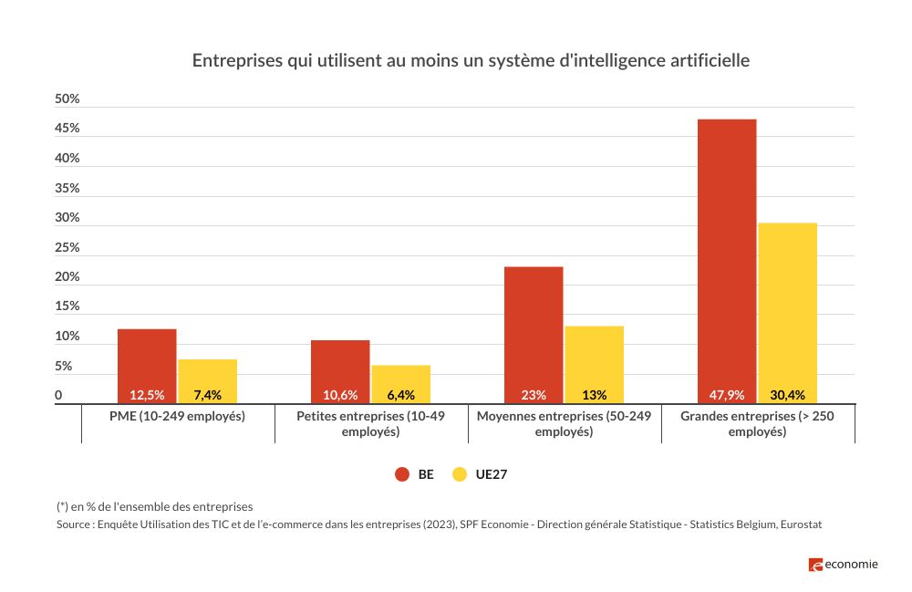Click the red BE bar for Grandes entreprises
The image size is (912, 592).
coord(727,255)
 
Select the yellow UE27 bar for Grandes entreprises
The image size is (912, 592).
coord(787,310)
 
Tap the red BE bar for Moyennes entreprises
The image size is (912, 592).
coord(534,328)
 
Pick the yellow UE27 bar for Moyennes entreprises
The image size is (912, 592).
coord(594,360)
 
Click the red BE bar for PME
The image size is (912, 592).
coord(147,360)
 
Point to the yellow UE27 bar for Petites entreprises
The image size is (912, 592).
coord(400,379)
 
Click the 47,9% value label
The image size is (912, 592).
coord(727,395)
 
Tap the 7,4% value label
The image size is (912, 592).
coord(208,395)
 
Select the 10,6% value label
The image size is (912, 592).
coord(340,395)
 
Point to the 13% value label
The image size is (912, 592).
coord(594,395)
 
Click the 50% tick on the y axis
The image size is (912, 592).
coord(67,99)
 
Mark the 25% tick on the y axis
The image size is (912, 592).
coord(67,247)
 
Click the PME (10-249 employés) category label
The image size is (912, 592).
coord(177,416)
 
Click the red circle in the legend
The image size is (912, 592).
coord(401,474)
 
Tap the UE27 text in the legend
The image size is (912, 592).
coord(490,474)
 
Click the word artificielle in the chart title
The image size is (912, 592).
coord(705,61)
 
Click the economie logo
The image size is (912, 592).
coord(843,565)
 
